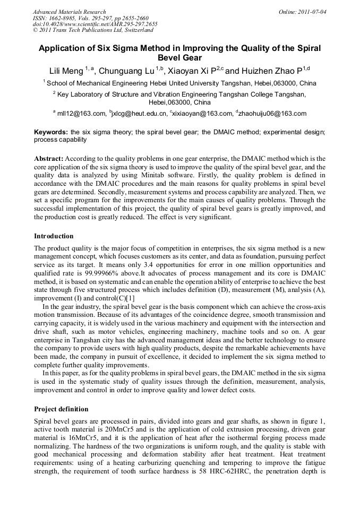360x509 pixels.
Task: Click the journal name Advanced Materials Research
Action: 69,12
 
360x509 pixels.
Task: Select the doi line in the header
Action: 95,24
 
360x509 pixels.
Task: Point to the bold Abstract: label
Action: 49,159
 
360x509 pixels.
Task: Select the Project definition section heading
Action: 61,409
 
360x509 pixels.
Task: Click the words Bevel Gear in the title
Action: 180,58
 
